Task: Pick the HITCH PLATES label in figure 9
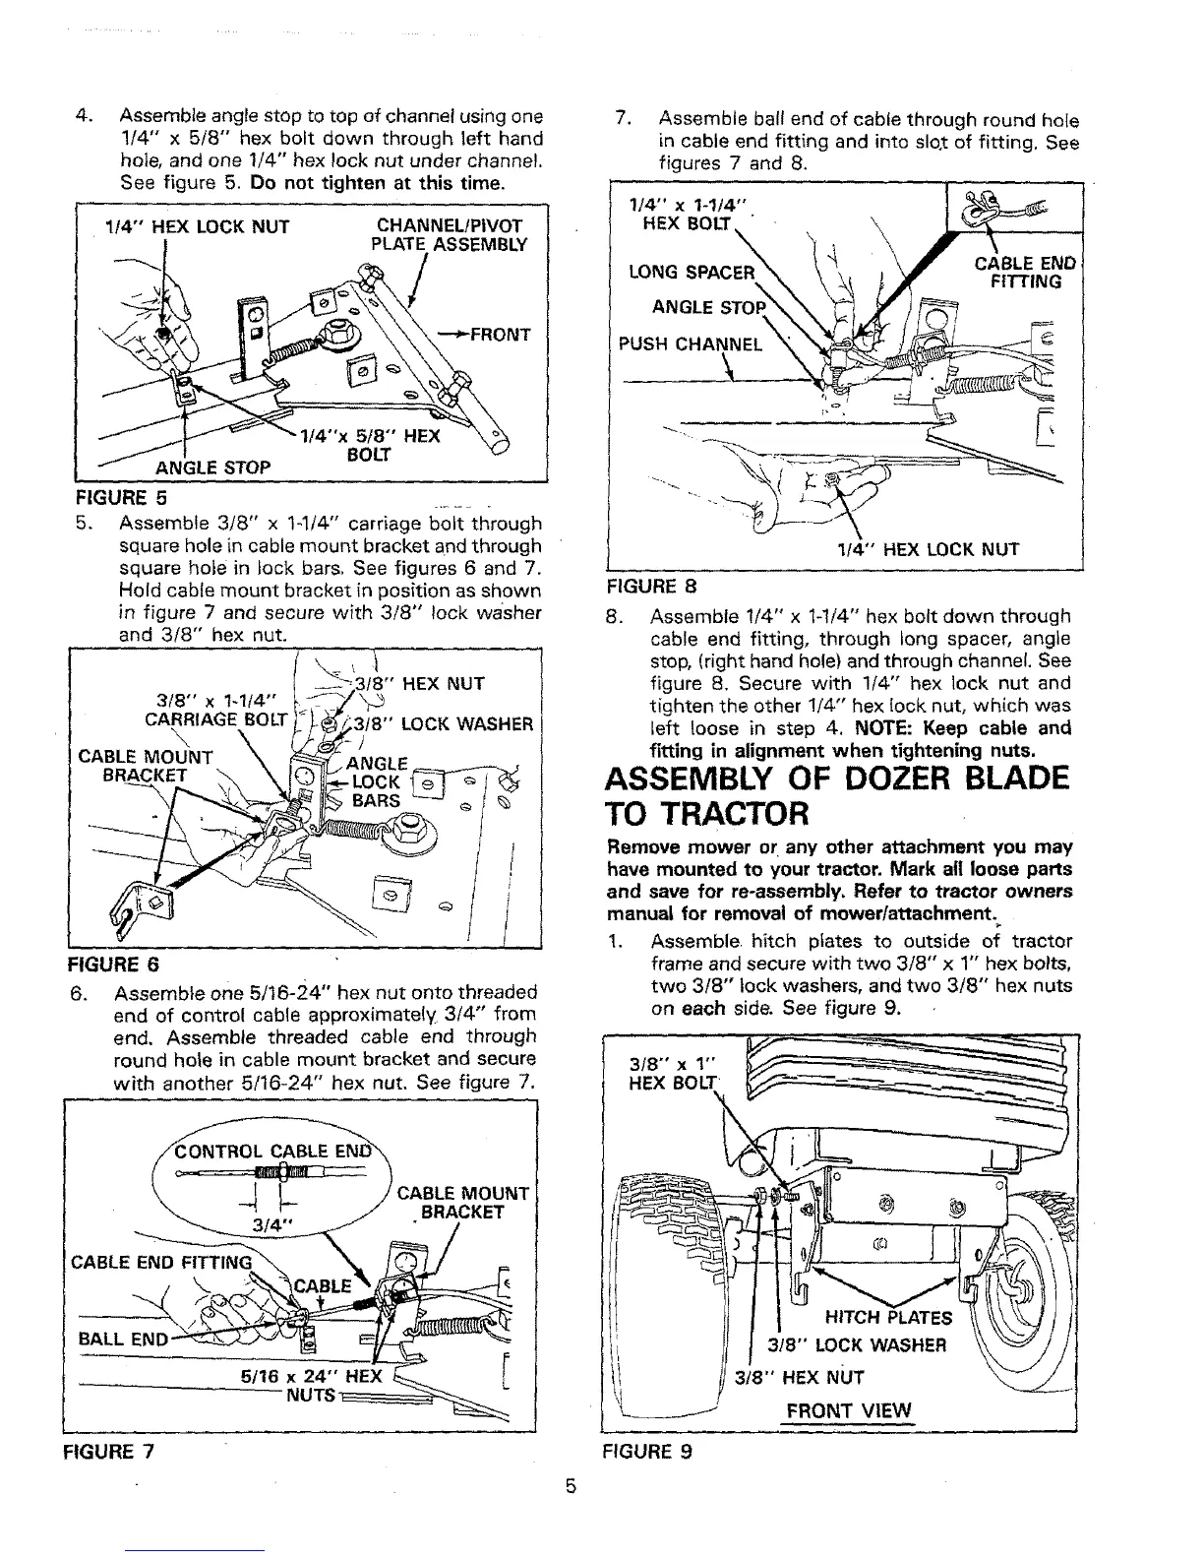point(888,1318)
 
